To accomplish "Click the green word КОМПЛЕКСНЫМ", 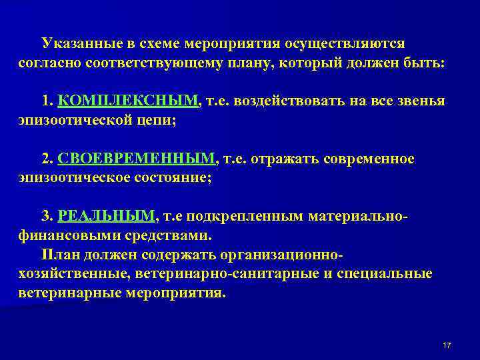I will coord(128,101).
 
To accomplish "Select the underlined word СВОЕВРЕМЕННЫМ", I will coord(137,159).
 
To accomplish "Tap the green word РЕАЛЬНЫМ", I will coord(107,217).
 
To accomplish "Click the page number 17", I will coord(447,345).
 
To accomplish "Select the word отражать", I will coord(290,159).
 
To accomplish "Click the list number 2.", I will coord(46,159).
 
